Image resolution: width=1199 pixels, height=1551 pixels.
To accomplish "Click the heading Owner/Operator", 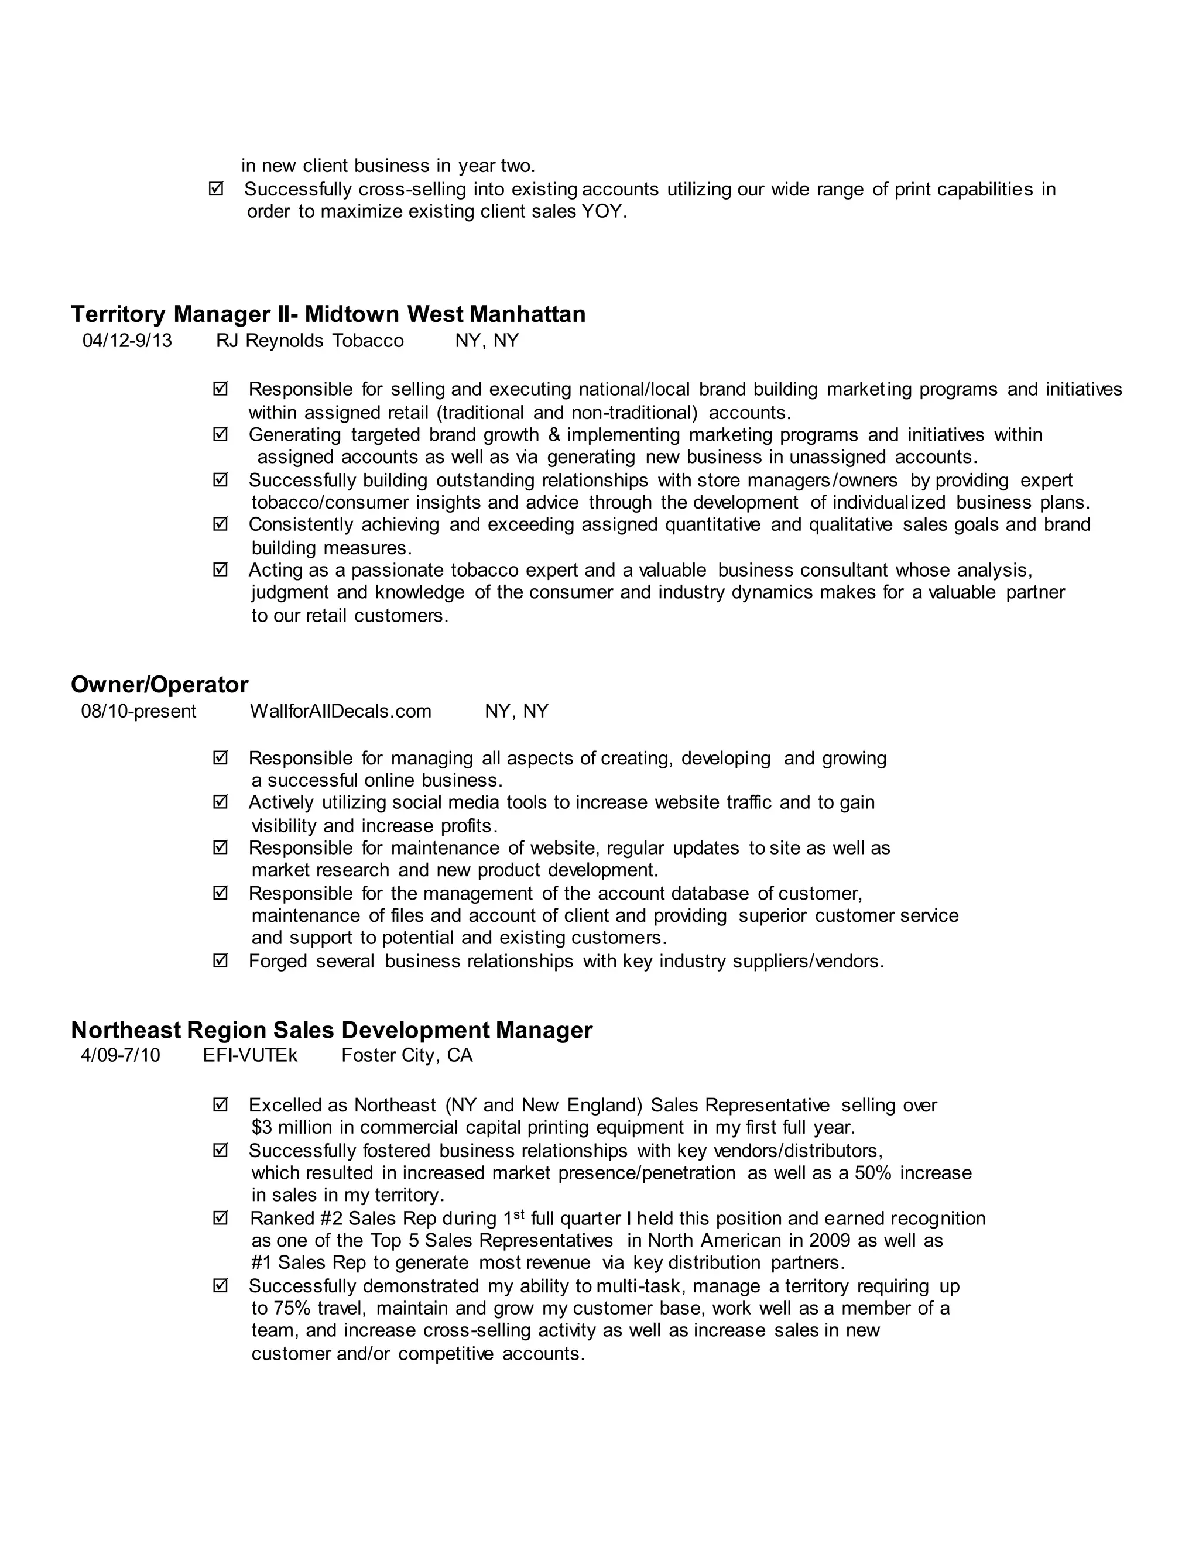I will (x=159, y=685).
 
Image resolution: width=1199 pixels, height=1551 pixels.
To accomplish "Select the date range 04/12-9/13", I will (x=127, y=341).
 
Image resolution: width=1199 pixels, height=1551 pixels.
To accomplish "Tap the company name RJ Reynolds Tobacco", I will (x=310, y=341).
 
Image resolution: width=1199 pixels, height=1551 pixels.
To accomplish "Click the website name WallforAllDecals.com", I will (x=340, y=712).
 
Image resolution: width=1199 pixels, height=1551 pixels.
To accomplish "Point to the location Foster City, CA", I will (x=407, y=1055).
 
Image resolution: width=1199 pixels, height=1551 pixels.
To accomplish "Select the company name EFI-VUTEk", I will (x=250, y=1055).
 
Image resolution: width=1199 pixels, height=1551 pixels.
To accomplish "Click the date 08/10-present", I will (x=139, y=712).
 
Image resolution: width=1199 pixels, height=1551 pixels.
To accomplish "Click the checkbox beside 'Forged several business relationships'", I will (x=220, y=961).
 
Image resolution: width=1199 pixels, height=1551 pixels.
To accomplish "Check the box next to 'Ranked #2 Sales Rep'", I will (x=220, y=1218).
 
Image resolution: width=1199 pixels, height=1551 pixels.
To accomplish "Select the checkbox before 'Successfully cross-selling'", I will (x=216, y=189).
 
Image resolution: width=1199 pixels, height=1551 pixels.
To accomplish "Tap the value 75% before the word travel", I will (x=291, y=1309).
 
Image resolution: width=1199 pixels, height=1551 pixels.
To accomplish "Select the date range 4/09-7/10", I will (x=121, y=1055).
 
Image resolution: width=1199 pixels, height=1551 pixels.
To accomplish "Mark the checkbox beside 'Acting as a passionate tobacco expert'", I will (x=220, y=569).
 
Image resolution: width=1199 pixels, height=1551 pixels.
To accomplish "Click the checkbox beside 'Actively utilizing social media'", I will (x=220, y=802).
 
